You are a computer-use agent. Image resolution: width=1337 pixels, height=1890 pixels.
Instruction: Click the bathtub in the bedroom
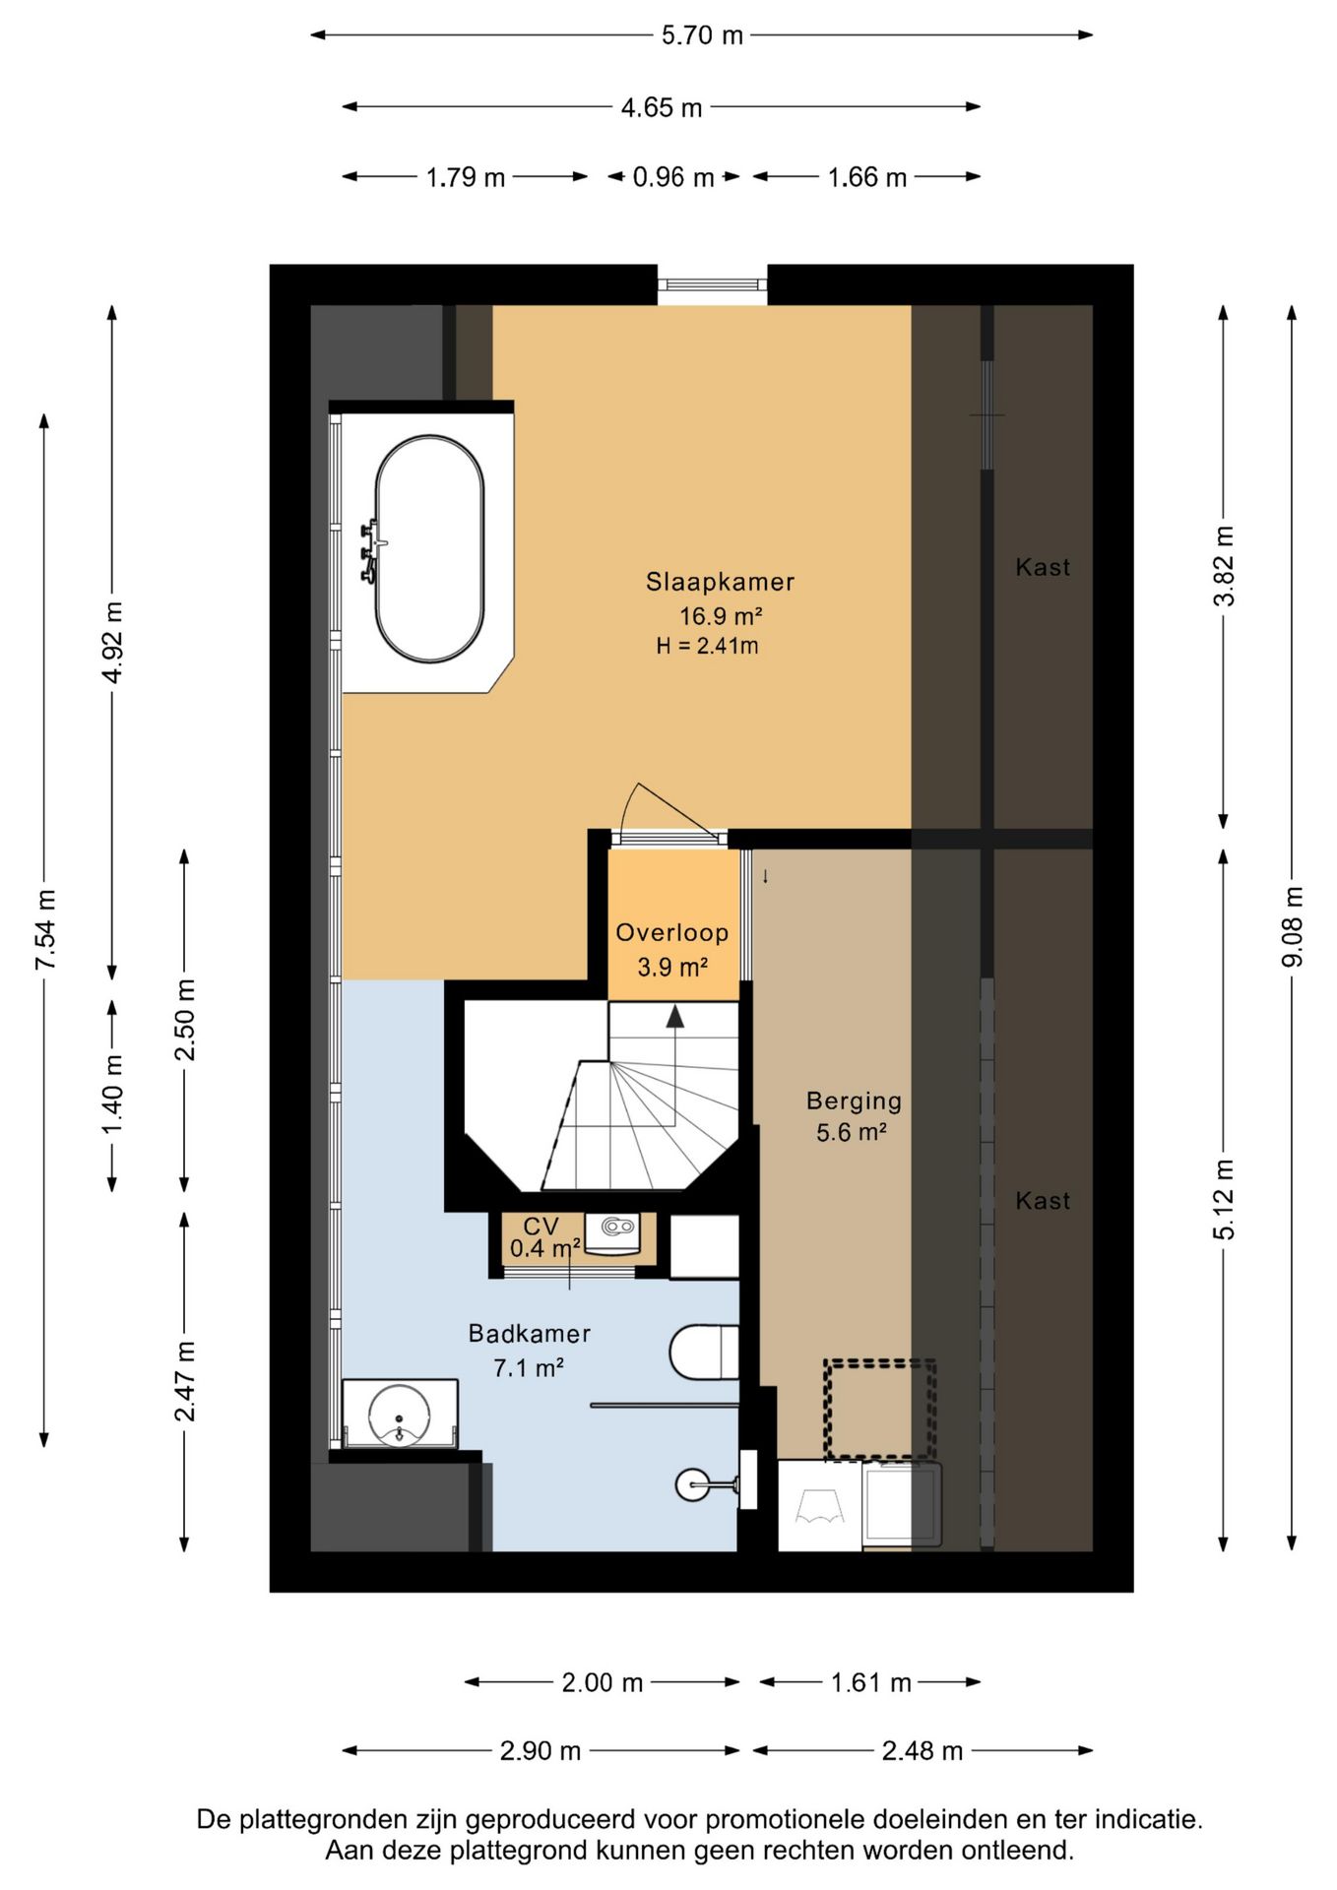click(x=429, y=549)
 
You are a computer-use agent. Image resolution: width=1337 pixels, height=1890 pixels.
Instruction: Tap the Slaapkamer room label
click(x=720, y=582)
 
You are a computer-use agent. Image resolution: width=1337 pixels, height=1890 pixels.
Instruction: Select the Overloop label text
click(x=672, y=933)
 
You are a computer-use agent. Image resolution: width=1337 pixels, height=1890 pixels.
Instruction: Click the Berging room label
click(x=854, y=1102)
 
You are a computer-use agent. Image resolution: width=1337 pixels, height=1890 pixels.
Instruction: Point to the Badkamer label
click(x=530, y=1334)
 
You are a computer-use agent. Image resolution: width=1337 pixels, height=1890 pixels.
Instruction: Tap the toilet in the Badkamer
click(x=704, y=1353)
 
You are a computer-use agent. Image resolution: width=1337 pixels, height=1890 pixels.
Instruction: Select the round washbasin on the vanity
click(x=400, y=1415)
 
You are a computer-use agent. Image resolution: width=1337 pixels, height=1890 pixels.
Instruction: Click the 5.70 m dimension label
click(x=702, y=35)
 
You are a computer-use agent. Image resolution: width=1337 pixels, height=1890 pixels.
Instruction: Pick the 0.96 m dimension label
click(x=673, y=177)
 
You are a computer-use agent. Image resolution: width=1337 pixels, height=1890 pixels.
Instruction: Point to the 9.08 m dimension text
click(x=1292, y=926)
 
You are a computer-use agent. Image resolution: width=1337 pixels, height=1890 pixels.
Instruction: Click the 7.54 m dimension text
click(x=45, y=929)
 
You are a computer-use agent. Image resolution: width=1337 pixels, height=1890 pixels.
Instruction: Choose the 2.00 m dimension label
click(x=603, y=1682)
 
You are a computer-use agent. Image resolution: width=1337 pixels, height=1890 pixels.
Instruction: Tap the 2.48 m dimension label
click(x=923, y=1751)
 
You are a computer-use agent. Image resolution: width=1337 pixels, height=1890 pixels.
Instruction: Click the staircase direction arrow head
click(x=674, y=1017)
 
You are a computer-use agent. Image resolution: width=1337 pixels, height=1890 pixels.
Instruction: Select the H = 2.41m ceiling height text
click(x=708, y=647)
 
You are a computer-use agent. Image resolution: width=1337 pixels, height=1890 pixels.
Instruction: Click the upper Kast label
click(x=1043, y=567)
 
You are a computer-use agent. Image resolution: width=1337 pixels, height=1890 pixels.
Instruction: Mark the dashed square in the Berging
click(x=880, y=1410)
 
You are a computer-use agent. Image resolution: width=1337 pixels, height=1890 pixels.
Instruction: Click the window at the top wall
click(x=712, y=284)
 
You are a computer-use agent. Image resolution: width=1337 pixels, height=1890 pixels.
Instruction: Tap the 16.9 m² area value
click(x=722, y=616)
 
